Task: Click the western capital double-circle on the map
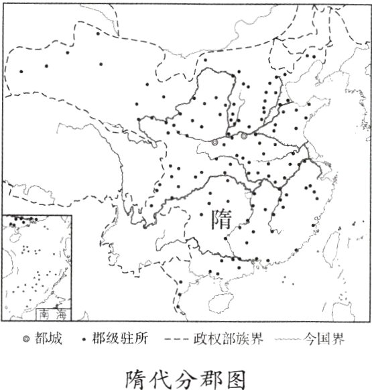214,143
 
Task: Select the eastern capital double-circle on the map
244,136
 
